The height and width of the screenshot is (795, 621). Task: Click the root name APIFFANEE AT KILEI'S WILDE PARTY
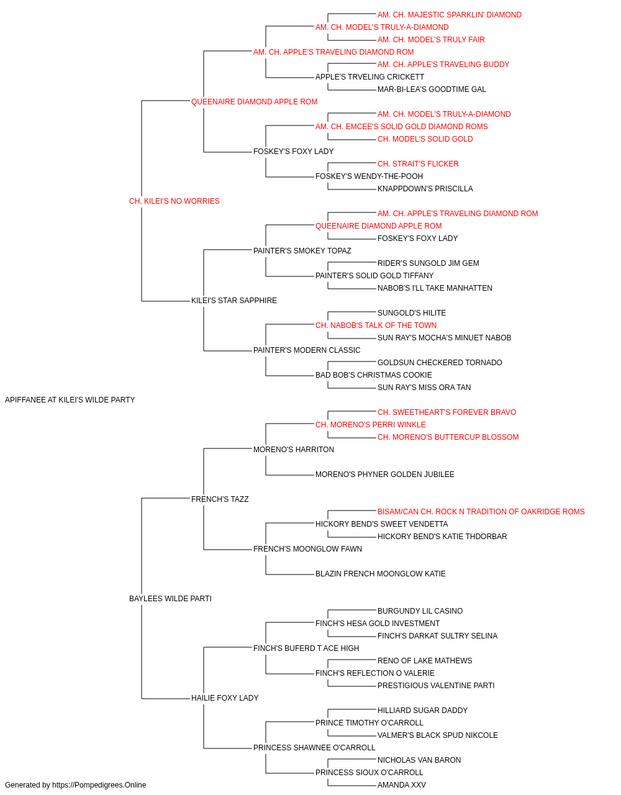point(70,400)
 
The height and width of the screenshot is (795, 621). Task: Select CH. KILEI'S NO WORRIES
point(174,201)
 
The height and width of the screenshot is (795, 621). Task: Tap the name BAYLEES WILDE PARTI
point(170,599)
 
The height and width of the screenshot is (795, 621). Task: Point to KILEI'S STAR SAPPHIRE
point(234,301)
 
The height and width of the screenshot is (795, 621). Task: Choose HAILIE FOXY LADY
point(225,698)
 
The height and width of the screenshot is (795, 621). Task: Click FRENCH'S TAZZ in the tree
point(220,499)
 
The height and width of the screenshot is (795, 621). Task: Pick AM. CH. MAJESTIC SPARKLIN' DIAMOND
point(450,15)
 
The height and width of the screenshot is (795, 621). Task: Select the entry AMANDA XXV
point(402,785)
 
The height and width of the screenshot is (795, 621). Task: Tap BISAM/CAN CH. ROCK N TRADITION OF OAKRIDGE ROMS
point(481,511)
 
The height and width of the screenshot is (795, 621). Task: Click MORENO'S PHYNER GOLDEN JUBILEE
point(385,475)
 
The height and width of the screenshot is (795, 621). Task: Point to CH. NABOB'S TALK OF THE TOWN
point(376,325)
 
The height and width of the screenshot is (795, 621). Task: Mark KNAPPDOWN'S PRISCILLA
point(425,189)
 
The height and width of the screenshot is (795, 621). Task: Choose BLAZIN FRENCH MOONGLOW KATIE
point(380,574)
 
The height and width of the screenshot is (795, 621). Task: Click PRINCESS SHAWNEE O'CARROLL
point(314,747)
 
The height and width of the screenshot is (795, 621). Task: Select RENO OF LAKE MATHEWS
point(425,661)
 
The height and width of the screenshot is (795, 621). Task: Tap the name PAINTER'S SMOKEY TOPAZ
point(302,250)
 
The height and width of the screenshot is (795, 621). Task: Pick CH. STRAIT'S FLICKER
point(418,164)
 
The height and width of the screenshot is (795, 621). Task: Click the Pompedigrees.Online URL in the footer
point(99,785)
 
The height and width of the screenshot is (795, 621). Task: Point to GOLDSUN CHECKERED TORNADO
point(440,363)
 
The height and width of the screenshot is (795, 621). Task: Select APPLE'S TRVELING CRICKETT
point(369,77)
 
